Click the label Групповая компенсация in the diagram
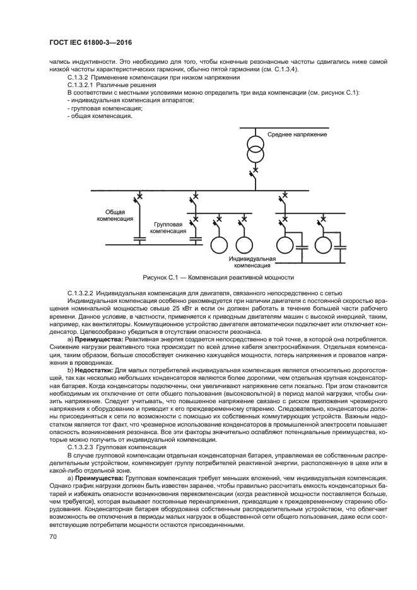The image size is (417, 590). pos(168,228)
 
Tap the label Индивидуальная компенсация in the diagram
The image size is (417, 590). pos(252,262)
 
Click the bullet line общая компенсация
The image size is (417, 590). pos(100,116)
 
